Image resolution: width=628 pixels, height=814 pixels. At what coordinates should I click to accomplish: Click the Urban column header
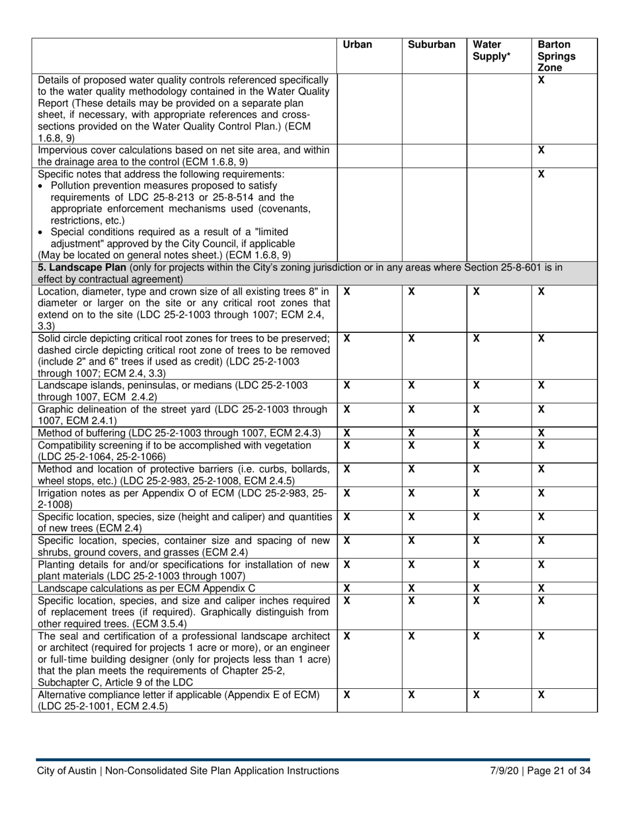(x=358, y=45)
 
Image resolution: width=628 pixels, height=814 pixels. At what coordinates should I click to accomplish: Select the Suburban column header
(x=432, y=45)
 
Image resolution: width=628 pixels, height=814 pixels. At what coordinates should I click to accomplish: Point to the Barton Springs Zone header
(x=556, y=56)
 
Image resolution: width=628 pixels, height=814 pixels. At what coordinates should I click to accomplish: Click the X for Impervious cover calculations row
(x=541, y=150)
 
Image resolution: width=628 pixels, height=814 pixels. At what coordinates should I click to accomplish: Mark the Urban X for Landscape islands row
(x=347, y=385)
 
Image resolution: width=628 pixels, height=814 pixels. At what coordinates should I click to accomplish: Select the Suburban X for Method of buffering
(x=411, y=433)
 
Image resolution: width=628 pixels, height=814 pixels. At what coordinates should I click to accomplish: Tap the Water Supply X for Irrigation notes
(x=476, y=493)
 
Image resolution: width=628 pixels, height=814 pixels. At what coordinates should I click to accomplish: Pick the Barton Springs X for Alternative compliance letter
(x=541, y=695)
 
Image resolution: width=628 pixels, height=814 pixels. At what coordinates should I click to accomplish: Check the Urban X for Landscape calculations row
(x=347, y=588)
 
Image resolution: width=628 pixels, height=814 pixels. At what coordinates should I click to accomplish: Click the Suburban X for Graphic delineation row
(x=411, y=409)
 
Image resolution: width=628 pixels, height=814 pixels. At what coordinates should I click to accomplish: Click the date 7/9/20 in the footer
(x=504, y=770)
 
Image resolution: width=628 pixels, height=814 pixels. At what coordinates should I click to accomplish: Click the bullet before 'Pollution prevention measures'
(x=41, y=186)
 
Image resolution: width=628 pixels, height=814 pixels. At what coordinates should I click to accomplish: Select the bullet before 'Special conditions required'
(x=41, y=232)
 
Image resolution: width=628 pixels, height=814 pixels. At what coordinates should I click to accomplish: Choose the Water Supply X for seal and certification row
(x=476, y=636)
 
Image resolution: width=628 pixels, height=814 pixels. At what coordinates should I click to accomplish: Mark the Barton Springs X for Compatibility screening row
(x=541, y=445)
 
